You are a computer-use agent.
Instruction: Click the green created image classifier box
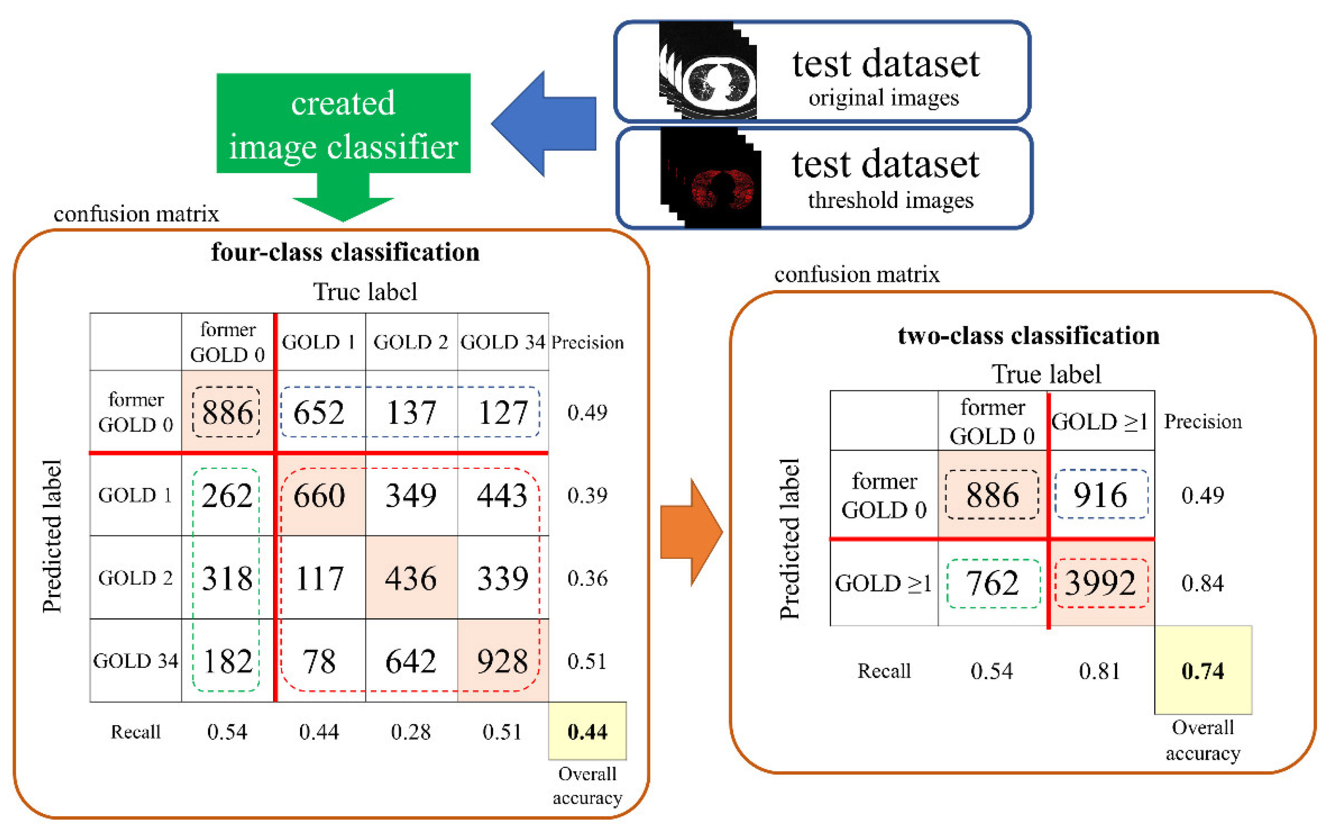pos(343,124)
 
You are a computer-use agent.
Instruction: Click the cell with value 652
pos(319,412)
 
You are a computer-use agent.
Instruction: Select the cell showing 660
pos(319,495)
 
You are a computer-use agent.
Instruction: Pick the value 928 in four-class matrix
pos(502,661)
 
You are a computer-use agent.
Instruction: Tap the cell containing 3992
pos(1100,583)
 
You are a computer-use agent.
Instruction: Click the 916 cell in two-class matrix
pos(1100,495)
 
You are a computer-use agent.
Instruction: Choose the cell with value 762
pos(993,583)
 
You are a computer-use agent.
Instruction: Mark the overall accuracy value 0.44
pos(587,732)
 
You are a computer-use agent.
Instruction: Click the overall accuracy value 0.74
pos(1202,670)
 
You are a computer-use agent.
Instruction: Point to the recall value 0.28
pos(410,732)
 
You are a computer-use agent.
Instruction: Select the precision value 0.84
pos(1202,583)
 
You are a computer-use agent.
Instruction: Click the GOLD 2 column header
pos(410,342)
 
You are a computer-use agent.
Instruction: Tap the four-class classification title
pos(345,252)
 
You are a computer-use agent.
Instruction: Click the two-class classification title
pos(1028,335)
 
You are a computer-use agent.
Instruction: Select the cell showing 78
pos(319,661)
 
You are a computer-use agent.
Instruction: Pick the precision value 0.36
pos(587,578)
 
